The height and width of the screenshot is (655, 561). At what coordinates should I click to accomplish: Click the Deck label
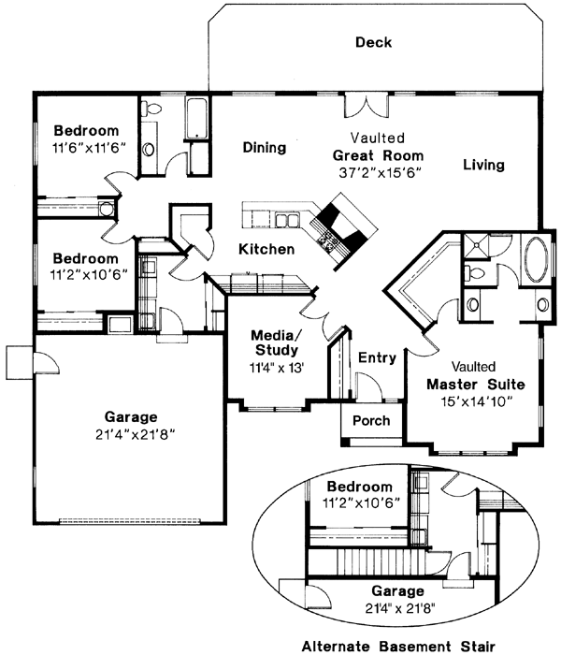[374, 42]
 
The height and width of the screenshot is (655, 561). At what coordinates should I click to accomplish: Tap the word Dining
[265, 148]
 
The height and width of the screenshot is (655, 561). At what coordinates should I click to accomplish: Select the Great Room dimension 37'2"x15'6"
[379, 173]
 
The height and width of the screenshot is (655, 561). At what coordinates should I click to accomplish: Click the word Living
[483, 165]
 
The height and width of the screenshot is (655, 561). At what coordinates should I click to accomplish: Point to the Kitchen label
[266, 250]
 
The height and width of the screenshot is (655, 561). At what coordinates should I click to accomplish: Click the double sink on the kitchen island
[287, 220]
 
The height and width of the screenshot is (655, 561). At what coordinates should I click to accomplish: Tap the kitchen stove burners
[327, 241]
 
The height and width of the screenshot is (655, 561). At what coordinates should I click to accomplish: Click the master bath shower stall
[475, 245]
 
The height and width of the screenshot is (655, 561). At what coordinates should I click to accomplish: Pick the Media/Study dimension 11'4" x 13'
[276, 368]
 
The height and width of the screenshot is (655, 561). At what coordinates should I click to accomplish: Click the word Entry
[378, 358]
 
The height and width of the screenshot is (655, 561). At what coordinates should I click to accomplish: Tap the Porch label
[371, 420]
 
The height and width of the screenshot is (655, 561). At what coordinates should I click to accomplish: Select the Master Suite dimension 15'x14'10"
[476, 401]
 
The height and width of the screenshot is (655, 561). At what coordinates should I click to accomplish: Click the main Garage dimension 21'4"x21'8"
[135, 435]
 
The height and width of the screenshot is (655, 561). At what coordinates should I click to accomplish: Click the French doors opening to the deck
[367, 106]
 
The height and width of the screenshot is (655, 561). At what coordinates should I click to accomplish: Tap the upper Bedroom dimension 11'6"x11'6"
[89, 148]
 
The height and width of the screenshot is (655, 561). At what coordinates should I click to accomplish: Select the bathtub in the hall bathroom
[196, 119]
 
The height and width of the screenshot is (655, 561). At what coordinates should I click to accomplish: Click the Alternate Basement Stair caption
[398, 647]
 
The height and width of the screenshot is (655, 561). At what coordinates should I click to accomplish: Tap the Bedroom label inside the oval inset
[359, 487]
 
